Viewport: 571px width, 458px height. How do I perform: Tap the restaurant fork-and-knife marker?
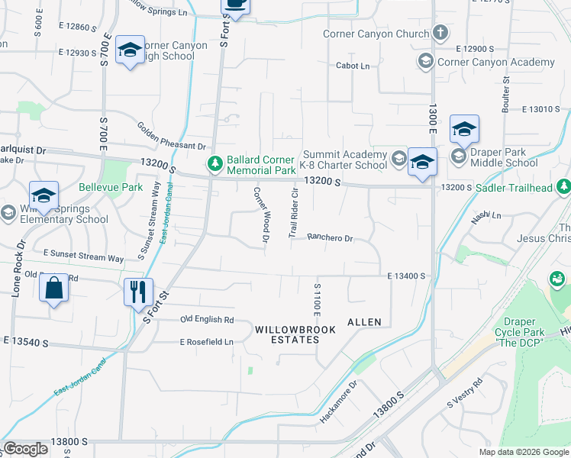coord(138,292)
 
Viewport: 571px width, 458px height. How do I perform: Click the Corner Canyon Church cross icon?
coord(440,33)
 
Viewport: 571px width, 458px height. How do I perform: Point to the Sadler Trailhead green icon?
coord(563,185)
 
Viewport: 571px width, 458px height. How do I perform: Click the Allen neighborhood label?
coord(364,322)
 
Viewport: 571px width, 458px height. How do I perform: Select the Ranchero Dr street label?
coord(330,238)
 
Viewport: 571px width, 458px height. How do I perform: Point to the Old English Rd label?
coord(207,320)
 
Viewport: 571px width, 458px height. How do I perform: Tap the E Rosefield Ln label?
coord(207,342)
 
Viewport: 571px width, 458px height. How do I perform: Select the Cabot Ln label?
coord(353,66)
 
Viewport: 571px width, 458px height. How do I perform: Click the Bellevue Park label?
coord(111,187)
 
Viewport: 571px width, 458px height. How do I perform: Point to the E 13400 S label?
coord(405,276)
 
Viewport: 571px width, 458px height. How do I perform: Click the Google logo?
coord(26,449)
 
